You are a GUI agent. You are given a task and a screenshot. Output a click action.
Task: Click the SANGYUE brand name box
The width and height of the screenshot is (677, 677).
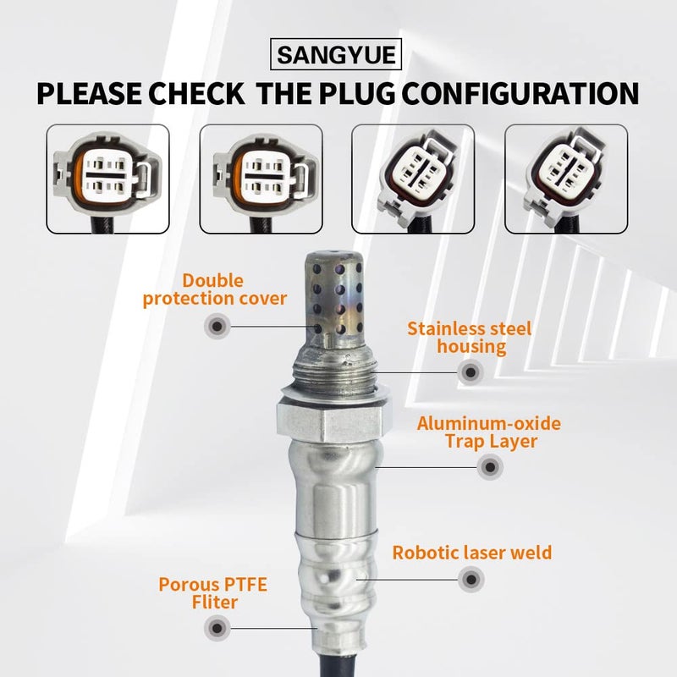pyautogui.click(x=339, y=57)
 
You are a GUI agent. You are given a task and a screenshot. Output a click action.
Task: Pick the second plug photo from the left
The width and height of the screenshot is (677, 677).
pyautogui.click(x=261, y=179)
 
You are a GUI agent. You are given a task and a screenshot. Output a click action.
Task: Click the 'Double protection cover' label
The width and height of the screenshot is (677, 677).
pyautogui.click(x=215, y=289)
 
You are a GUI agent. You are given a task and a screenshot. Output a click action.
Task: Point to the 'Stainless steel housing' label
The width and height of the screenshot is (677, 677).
pyautogui.click(x=469, y=337)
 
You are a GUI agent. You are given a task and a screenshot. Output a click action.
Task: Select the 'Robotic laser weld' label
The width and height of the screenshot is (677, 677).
pyautogui.click(x=471, y=553)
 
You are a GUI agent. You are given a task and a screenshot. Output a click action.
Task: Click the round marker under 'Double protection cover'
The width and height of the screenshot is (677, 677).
pyautogui.click(x=217, y=325)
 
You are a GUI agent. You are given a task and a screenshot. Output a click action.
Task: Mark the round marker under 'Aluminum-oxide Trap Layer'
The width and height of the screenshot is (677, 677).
pyautogui.click(x=488, y=466)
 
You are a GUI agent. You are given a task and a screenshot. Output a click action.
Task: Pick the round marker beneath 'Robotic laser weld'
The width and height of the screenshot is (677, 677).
pyautogui.click(x=471, y=581)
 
